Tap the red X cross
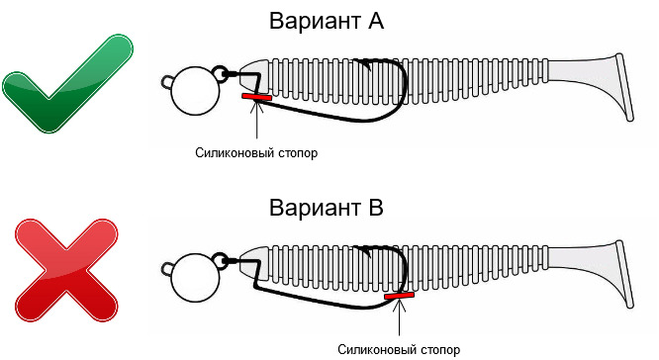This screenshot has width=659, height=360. (66, 271)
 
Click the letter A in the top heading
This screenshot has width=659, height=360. (375, 21)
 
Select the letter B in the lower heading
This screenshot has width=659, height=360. (375, 208)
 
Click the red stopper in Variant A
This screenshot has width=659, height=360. (257, 98)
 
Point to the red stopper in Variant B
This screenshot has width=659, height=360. (400, 296)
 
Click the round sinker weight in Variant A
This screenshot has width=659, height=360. (196, 91)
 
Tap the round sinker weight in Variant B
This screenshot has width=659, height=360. (196, 278)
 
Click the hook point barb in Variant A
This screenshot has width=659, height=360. (365, 64)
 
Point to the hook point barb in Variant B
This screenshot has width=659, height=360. (365, 250)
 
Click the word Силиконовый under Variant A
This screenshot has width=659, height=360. (229, 153)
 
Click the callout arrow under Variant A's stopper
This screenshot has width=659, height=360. (257, 120)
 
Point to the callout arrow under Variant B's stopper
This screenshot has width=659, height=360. (400, 318)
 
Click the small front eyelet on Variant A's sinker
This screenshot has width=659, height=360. (167, 82)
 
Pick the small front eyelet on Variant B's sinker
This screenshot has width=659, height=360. (167, 269)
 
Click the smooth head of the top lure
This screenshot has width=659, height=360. (254, 76)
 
